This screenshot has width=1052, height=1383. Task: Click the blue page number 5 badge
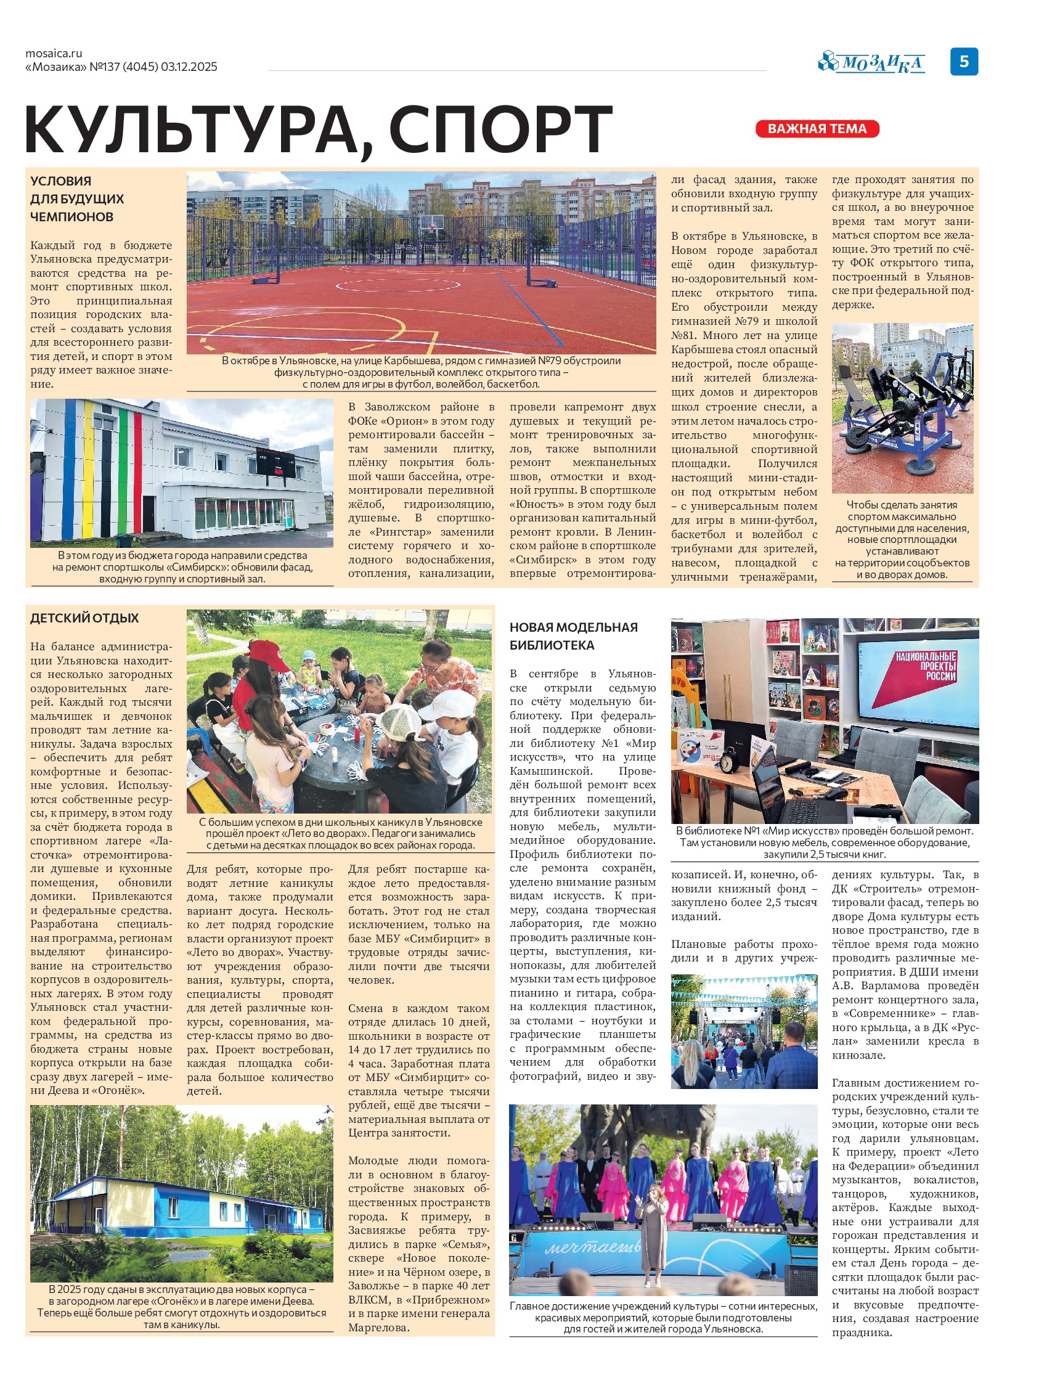click(x=964, y=62)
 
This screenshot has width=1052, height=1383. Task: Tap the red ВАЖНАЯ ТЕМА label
click(x=817, y=129)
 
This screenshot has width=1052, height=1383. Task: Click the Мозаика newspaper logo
click(x=871, y=63)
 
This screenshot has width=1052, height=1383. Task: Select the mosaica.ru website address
click(x=54, y=54)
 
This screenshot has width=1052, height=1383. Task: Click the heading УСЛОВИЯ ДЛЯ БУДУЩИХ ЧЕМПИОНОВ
click(x=77, y=198)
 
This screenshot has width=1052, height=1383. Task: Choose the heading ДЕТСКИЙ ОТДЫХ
click(x=84, y=618)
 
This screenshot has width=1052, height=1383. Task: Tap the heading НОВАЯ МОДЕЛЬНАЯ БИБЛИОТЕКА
click(x=573, y=636)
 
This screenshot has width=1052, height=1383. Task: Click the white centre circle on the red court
click(x=398, y=285)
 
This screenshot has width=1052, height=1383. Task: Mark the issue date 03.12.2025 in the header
click(x=189, y=67)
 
